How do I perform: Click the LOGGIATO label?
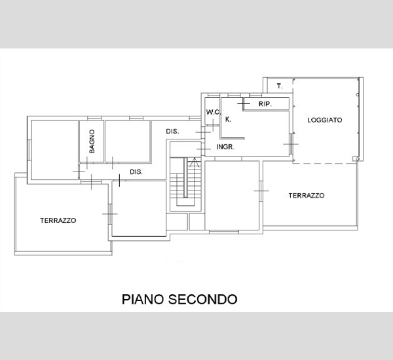325,120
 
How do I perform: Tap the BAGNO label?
92,141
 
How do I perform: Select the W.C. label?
214,112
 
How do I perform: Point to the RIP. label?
265,103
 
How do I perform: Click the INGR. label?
225,147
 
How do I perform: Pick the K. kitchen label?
228,120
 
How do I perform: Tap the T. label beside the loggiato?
280,86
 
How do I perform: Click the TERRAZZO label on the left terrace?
58,221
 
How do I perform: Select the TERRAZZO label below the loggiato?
307,196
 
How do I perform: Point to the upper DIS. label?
172,132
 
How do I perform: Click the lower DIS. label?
136,172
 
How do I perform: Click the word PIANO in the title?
143,299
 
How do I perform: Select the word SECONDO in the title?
202,299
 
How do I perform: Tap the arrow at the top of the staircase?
195,162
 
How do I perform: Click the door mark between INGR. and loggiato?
291,144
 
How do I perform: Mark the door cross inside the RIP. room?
244,103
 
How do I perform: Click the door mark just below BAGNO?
87,163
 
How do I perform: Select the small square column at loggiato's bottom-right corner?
355,159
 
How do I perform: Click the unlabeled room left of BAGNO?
55,150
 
